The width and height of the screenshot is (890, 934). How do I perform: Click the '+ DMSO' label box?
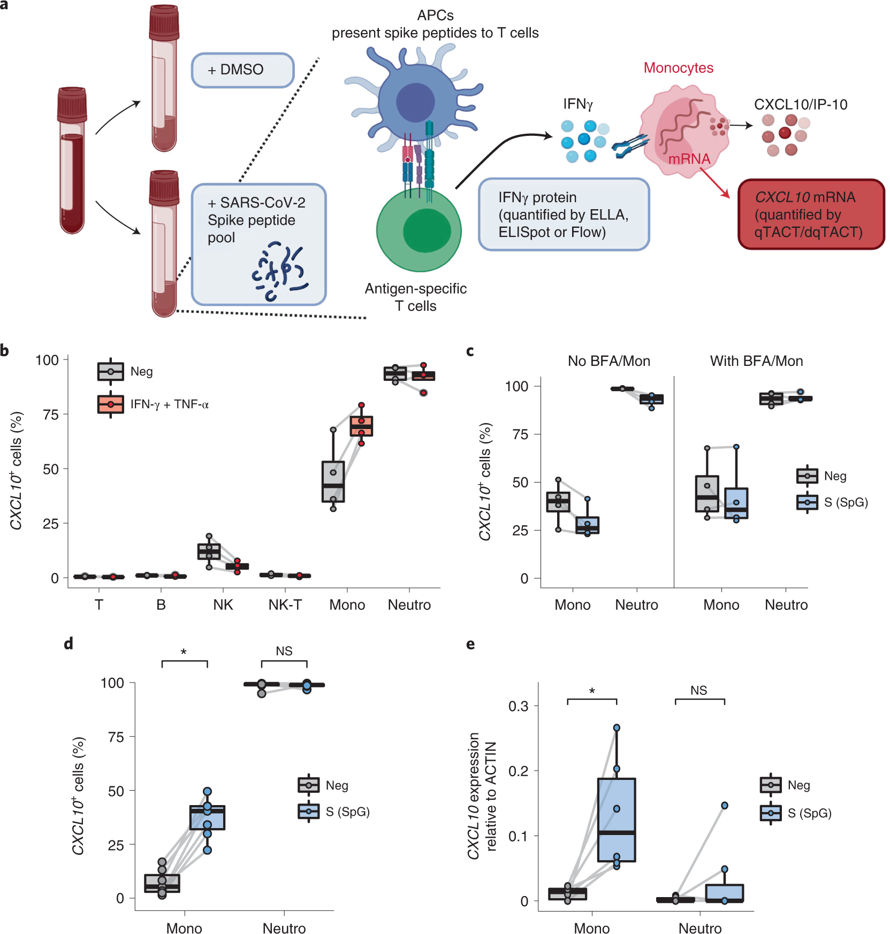point(242,70)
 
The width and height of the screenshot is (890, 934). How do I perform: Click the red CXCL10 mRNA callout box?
point(810,215)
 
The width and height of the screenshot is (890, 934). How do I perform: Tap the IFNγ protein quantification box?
point(563,215)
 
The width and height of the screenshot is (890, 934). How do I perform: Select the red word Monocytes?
point(678,68)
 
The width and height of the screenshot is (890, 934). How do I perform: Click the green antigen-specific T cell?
point(419,230)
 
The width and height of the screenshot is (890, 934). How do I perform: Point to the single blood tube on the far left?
point(72,160)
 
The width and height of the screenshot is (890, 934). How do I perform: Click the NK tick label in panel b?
point(223,605)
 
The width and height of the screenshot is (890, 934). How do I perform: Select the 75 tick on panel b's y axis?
point(51,415)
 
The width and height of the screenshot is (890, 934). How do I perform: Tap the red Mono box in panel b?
point(361,426)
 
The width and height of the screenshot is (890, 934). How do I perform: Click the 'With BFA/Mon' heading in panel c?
point(756,361)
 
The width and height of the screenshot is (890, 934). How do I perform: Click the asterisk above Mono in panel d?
point(184,652)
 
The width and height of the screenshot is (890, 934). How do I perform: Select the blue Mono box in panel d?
point(207,817)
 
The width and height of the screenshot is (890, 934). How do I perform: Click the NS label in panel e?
point(698,691)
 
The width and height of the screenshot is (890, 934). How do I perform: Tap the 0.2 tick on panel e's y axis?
point(518,771)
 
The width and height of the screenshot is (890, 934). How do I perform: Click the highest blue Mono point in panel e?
point(617,728)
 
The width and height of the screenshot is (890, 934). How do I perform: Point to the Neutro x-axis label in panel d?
point(284,928)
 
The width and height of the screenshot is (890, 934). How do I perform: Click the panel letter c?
point(470,351)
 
